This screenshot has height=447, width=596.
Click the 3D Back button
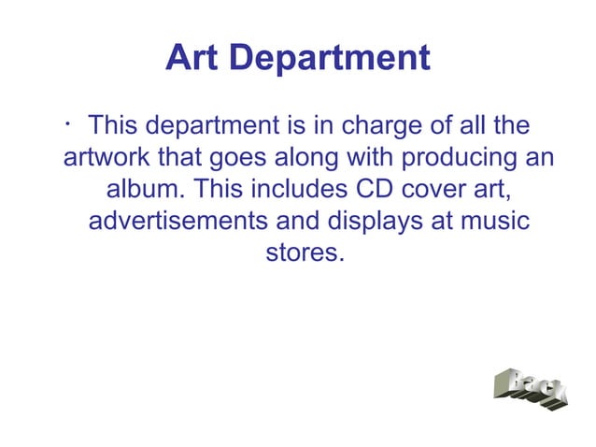pyautogui.click(x=530, y=390)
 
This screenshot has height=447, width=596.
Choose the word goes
pyautogui.click(x=241, y=158)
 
